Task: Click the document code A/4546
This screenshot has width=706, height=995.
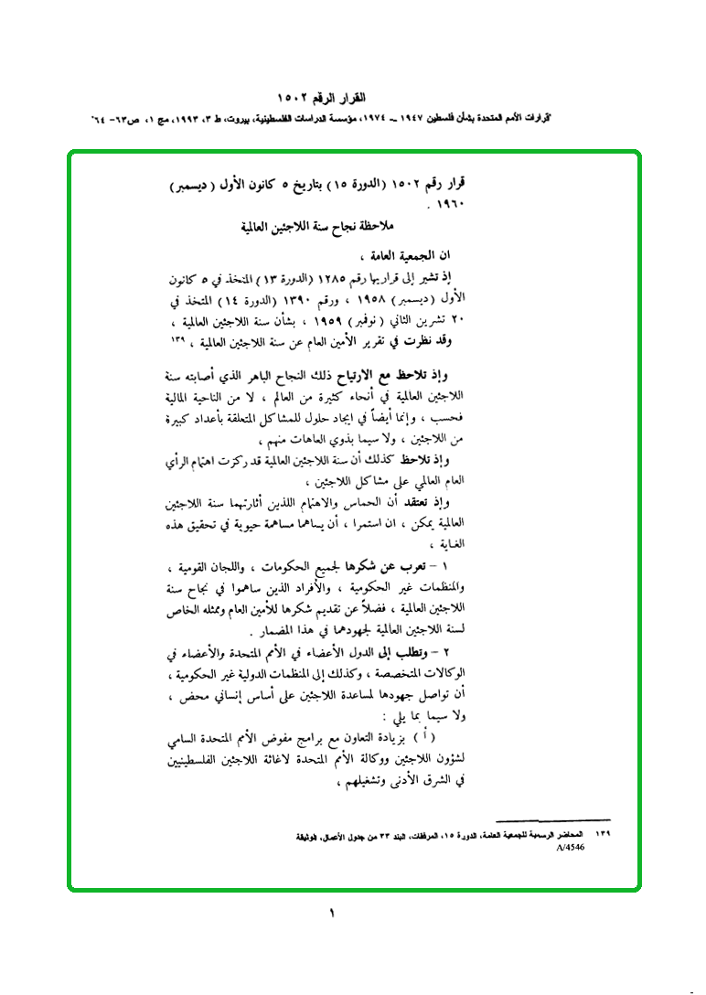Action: [x=569, y=848]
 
